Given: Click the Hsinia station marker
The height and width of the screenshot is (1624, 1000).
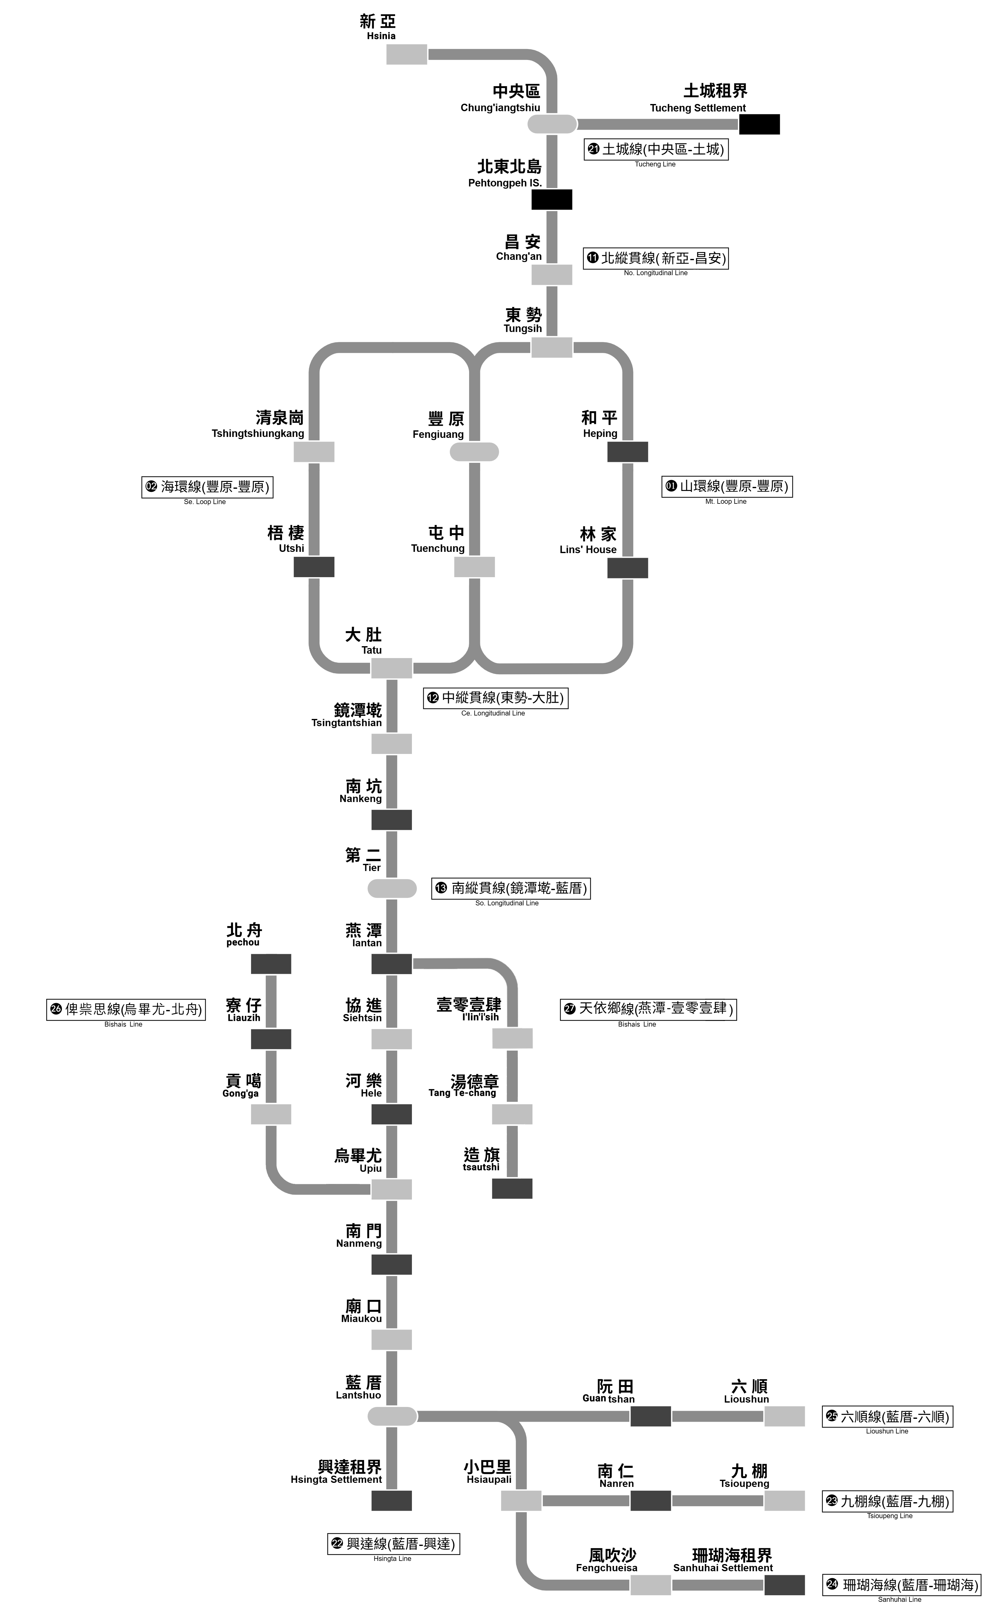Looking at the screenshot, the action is (x=407, y=54).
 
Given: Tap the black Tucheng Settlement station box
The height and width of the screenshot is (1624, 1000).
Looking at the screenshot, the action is (x=759, y=124).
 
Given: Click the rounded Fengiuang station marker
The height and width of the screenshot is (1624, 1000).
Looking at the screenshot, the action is (x=474, y=452).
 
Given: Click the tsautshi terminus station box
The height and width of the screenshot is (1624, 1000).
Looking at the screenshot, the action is (x=512, y=1188).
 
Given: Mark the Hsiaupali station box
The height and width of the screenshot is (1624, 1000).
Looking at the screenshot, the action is (x=521, y=1501).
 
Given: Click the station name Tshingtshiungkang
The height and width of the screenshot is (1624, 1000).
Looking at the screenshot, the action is (x=258, y=434).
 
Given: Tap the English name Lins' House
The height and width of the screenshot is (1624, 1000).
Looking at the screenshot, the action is (x=588, y=549).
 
